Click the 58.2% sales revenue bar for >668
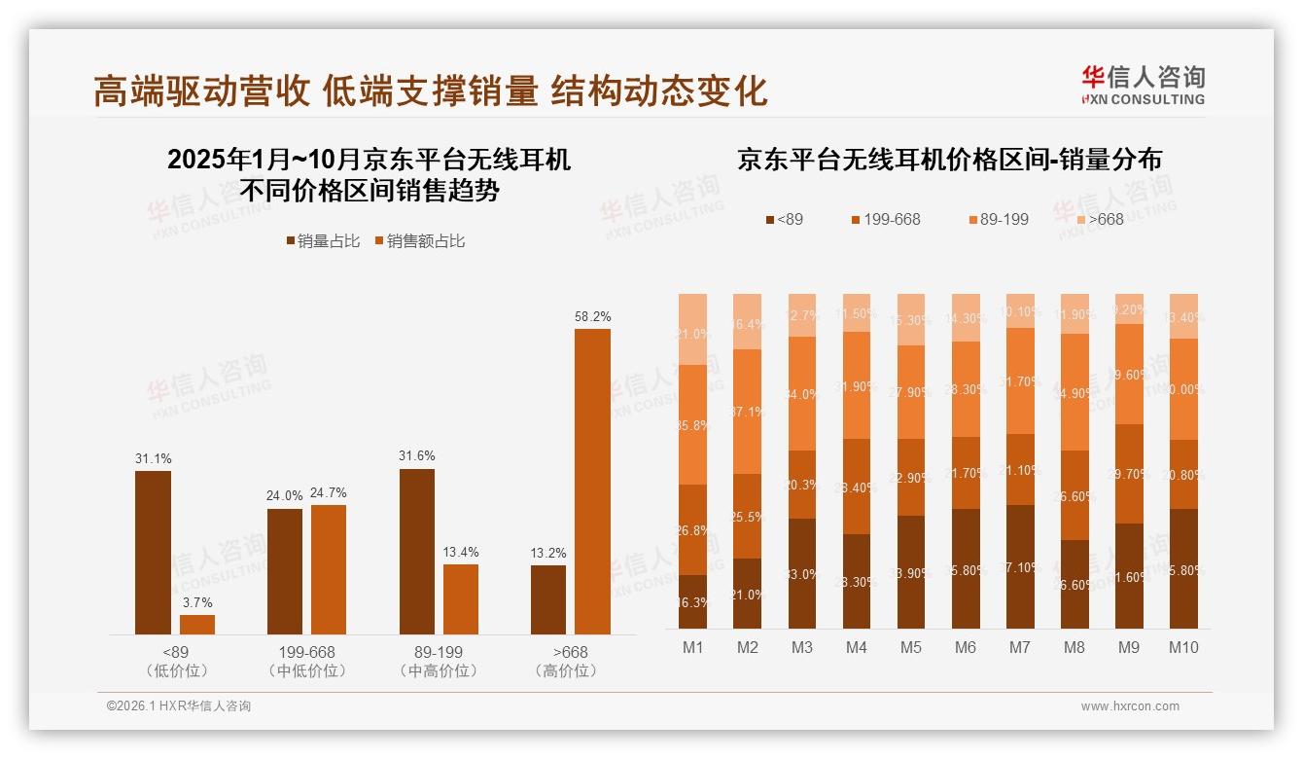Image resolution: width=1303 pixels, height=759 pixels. pyautogui.click(x=592, y=482)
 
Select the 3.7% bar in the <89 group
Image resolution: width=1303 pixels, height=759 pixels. pyautogui.click(x=197, y=625)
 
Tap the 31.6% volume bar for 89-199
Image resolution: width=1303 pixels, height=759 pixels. pyautogui.click(x=417, y=552)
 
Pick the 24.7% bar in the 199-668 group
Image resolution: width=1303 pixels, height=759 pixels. pyautogui.click(x=329, y=569)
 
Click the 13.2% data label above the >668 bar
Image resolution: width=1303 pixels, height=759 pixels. pyautogui.click(x=548, y=553)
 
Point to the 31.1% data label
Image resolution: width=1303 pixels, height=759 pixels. pyautogui.click(x=153, y=458)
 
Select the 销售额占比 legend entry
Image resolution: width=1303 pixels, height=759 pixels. pyautogui.click(x=419, y=241)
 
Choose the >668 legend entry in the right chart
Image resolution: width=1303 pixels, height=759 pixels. pyautogui.click(x=1096, y=219)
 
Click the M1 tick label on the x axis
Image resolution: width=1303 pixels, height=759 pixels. pyautogui.click(x=692, y=647)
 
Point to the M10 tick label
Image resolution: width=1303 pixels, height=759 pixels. pyautogui.click(x=1183, y=647)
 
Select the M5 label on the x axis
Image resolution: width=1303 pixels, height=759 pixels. pyautogui.click(x=910, y=647)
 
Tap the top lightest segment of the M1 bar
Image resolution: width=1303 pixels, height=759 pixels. pyautogui.click(x=692, y=329)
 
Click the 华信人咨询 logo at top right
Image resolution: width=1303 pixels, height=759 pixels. pyautogui.click(x=1143, y=85)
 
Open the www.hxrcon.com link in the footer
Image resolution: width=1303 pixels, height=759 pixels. pyautogui.click(x=1130, y=706)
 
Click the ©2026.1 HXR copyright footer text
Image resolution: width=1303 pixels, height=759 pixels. pyautogui.click(x=179, y=706)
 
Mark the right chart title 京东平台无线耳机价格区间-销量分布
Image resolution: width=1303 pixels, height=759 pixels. pyautogui.click(x=949, y=160)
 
